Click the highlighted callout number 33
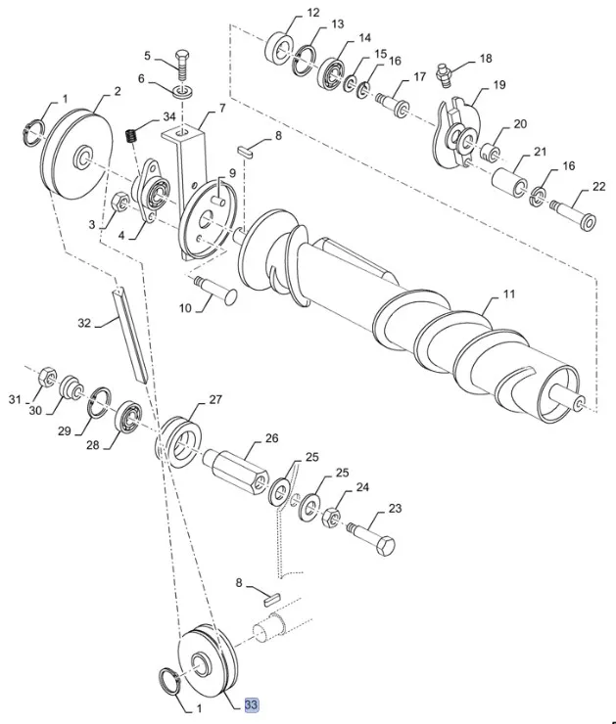point(252,704)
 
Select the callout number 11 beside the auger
point(508,294)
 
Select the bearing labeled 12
point(279,44)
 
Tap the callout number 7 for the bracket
point(221,108)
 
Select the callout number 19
point(498,86)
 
